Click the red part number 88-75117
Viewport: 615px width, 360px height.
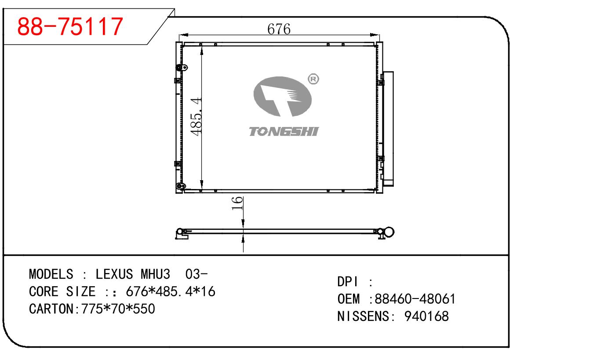point(70,26)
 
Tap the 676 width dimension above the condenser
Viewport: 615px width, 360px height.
point(279,29)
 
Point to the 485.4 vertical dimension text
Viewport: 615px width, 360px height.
point(197,116)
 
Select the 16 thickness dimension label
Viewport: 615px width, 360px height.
point(237,203)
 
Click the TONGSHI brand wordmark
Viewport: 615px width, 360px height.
point(284,131)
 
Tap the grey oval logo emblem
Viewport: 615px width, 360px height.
point(283,96)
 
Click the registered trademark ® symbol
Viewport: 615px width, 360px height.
point(313,79)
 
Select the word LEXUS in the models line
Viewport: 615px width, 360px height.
point(114,274)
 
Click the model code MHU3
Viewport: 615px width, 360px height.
point(155,274)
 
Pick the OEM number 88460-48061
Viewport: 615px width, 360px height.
point(415,299)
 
